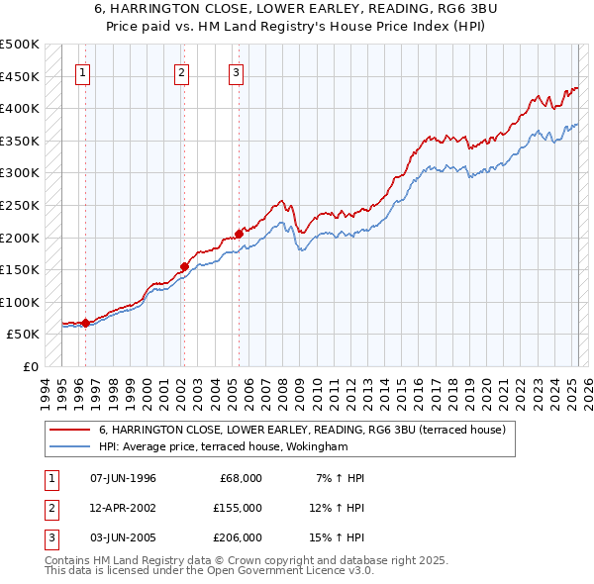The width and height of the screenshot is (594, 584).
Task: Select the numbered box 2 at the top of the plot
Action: (x=183, y=71)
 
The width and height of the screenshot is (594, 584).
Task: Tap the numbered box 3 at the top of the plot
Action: (x=238, y=71)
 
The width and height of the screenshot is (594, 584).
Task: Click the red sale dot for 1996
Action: (x=86, y=323)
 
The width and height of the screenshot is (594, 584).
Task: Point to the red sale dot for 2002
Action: (x=184, y=266)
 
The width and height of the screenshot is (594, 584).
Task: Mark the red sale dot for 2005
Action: (x=239, y=234)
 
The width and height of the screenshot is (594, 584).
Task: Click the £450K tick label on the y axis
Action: (x=20, y=76)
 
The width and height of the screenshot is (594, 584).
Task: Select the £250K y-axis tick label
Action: (x=20, y=205)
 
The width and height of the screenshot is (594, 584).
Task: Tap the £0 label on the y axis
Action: (x=30, y=366)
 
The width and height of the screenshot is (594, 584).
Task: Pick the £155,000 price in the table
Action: (x=238, y=508)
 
